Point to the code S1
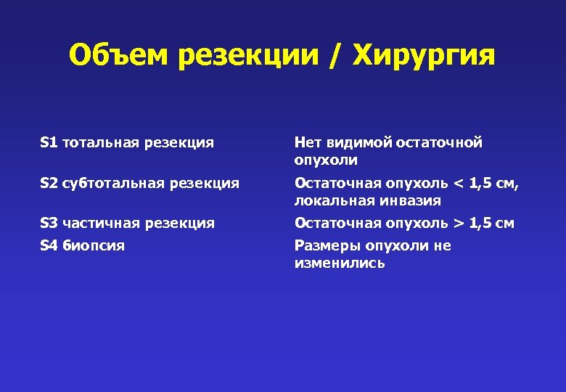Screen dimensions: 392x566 pos(49,143)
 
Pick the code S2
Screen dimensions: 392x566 pos(49,184)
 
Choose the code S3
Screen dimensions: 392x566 pos(49,224)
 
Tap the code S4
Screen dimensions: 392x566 pos(49,246)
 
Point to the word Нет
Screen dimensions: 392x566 pos(308,143)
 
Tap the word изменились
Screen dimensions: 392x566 pos(340,263)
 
